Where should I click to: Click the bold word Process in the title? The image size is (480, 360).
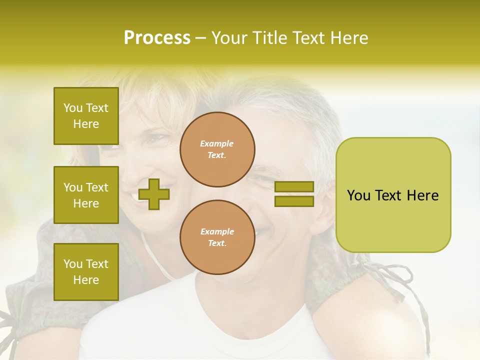[x=157, y=38]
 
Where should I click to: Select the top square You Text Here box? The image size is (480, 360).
[x=86, y=116]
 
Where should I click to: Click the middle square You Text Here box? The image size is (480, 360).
[x=86, y=195]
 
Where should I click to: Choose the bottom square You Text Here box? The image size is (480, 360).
[x=86, y=272]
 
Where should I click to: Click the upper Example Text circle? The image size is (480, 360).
[x=217, y=149]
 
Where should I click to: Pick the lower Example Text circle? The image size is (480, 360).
[x=217, y=237]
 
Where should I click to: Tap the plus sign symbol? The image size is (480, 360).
[x=154, y=194]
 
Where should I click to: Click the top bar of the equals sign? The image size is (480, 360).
[x=294, y=186]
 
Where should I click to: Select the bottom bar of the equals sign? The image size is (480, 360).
[x=294, y=201]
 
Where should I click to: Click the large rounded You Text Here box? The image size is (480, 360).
[x=393, y=195]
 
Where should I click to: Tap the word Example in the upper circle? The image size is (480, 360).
[x=217, y=143]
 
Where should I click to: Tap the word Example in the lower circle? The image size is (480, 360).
[x=217, y=231]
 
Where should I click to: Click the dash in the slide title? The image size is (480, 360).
[x=201, y=38]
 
